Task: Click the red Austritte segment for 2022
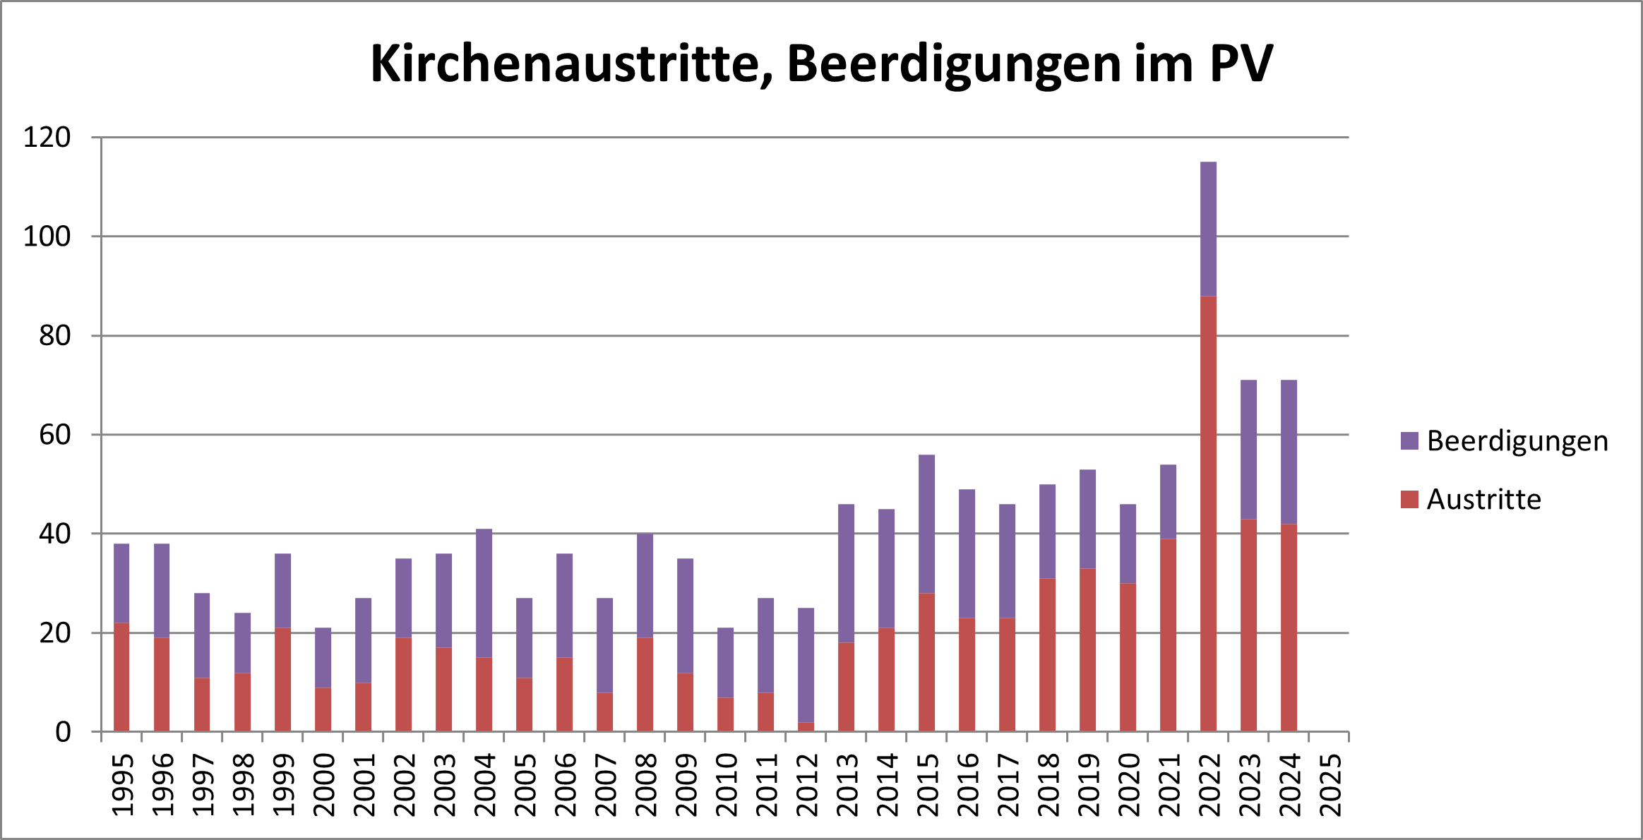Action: [x=1208, y=513]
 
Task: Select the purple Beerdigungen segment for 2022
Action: [x=1208, y=229]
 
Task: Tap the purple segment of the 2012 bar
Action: [x=806, y=665]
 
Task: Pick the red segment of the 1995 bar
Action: [x=121, y=677]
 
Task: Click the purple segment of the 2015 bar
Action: [x=926, y=524]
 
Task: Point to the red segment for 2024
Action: [x=1289, y=628]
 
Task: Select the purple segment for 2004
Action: [x=484, y=593]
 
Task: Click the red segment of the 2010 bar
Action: [x=725, y=714]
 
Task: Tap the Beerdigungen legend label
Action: [x=1517, y=441]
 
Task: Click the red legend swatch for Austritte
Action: [x=1409, y=500]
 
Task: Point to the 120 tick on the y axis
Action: [x=47, y=138]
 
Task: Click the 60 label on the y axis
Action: [x=55, y=435]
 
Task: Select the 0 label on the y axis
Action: [x=63, y=733]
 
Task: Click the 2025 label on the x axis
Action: [x=1330, y=785]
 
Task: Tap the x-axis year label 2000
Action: [x=324, y=785]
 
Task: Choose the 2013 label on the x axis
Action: [x=847, y=785]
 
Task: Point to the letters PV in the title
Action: [x=1241, y=64]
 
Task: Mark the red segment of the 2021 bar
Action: [x=1168, y=635]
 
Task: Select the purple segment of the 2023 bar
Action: [x=1248, y=450]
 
